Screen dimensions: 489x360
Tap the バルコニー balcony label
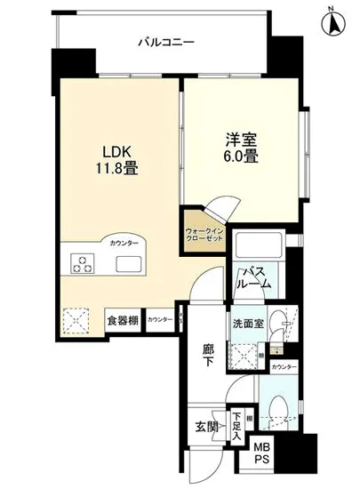click(x=166, y=41)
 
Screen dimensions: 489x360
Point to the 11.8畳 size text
click(x=118, y=169)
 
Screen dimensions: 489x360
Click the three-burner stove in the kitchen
click(x=84, y=264)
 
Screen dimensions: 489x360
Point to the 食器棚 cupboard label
click(x=123, y=319)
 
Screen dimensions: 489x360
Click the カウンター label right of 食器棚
click(x=160, y=319)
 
